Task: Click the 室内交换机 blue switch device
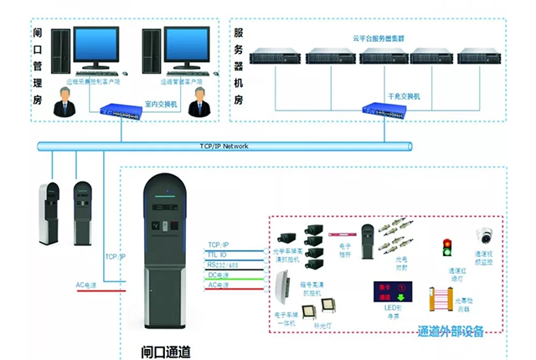[x=124, y=111]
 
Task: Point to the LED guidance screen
[x=385, y=293]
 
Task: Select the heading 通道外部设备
[x=451, y=332]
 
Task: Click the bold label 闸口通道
[x=166, y=349]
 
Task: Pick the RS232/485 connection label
[x=224, y=265]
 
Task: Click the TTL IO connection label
[x=219, y=254]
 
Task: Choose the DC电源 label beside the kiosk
[x=219, y=275]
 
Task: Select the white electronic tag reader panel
[x=281, y=296]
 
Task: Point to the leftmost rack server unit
[x=275, y=57]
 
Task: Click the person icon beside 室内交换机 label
[x=198, y=104]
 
